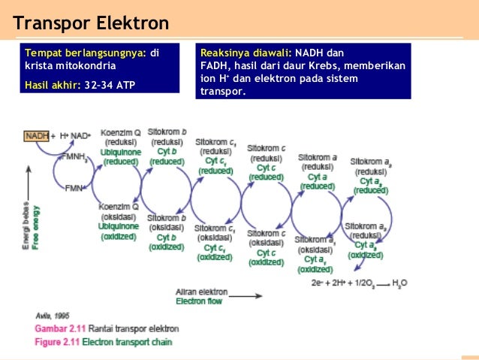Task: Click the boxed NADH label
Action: click(x=36, y=136)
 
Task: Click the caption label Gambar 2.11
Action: click(x=59, y=328)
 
